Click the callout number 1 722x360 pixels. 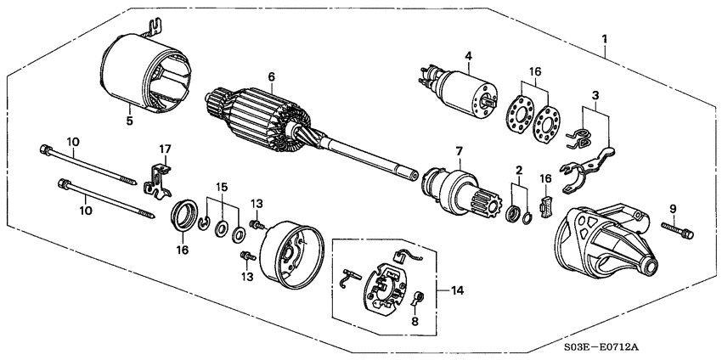pos(604,38)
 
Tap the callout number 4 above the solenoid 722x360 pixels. pos(466,57)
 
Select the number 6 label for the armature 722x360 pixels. pos(271,76)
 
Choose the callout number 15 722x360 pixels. pos(222,186)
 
